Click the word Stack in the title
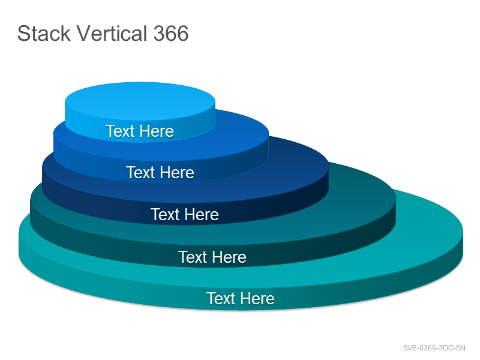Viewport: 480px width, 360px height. (44, 34)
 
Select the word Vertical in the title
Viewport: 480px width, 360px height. (112, 34)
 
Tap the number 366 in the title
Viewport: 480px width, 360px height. (171, 34)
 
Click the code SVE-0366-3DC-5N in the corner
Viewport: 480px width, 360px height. (434, 348)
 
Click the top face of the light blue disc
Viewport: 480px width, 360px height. (140, 101)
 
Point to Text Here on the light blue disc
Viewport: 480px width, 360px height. (140, 131)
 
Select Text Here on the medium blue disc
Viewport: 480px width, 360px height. (160, 172)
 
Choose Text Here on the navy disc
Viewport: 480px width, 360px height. (185, 214)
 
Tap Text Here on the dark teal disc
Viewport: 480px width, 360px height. (212, 257)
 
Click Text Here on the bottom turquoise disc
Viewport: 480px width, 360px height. (241, 298)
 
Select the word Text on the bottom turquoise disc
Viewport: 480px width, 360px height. (221, 298)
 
